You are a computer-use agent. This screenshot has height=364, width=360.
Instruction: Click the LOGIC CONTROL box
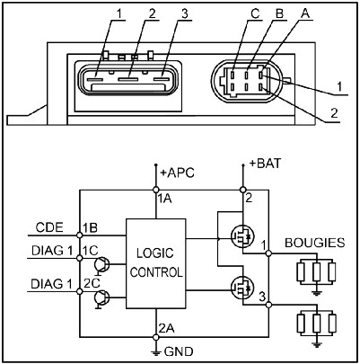click(155, 263)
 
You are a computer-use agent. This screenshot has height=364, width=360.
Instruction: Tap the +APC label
click(178, 173)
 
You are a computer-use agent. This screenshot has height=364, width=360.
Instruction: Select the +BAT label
click(265, 164)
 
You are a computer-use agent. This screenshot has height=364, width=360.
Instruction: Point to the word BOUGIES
click(315, 243)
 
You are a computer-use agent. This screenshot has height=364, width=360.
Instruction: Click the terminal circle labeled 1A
click(155, 190)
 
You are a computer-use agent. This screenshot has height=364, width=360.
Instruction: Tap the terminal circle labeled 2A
click(155, 337)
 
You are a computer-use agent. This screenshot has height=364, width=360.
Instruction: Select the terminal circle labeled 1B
click(80, 235)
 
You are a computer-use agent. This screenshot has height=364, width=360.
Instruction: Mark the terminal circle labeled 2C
click(80, 291)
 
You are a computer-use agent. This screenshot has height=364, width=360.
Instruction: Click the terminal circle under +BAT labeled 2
click(243, 190)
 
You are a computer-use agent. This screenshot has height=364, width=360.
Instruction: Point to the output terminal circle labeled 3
click(268, 305)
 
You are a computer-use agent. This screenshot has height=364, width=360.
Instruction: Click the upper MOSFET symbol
click(242, 236)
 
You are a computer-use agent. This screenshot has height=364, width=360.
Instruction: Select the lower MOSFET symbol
click(242, 288)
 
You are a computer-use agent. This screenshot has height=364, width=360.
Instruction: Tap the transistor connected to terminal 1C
click(102, 265)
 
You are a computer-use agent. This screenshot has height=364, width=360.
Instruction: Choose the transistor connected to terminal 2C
click(102, 298)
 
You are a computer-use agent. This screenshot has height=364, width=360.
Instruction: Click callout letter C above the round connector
click(255, 14)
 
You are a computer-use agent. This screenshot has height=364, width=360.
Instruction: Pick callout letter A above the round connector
click(305, 13)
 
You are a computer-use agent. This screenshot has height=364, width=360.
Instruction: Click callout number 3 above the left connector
click(185, 14)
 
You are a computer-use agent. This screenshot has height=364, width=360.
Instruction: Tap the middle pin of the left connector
click(128, 80)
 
